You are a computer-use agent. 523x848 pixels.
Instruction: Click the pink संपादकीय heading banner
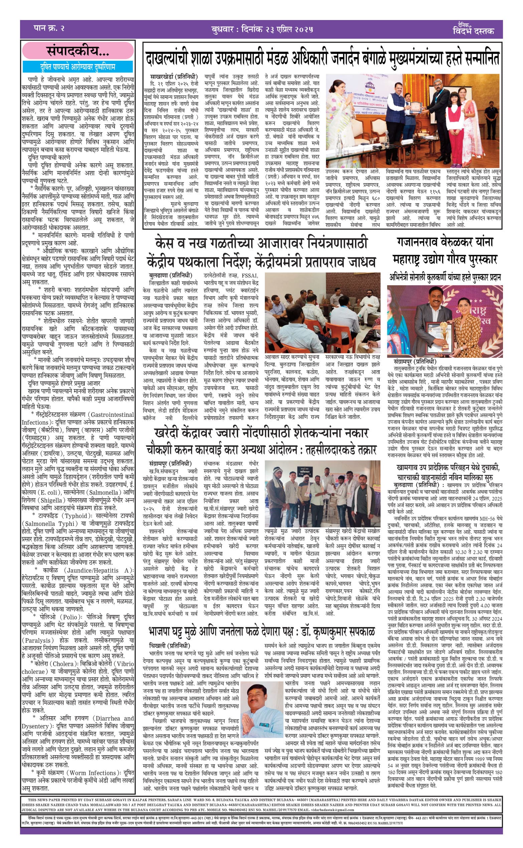78,51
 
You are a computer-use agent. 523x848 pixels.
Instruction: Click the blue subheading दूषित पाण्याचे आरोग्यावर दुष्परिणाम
77,66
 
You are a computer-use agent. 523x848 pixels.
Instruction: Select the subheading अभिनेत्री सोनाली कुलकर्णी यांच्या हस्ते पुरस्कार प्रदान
445,277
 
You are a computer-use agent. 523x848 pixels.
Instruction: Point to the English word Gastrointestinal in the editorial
113,415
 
